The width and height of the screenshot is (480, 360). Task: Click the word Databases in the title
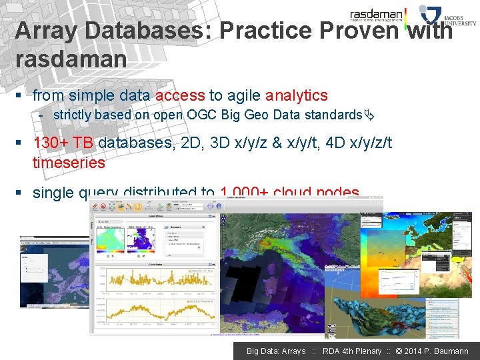pos(141,31)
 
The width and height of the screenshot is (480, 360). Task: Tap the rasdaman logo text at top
pos(377,14)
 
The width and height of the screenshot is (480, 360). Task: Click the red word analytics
pos(297,95)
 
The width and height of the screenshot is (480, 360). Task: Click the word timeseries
pos(69,163)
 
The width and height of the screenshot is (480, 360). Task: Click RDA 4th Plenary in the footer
pos(352,351)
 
